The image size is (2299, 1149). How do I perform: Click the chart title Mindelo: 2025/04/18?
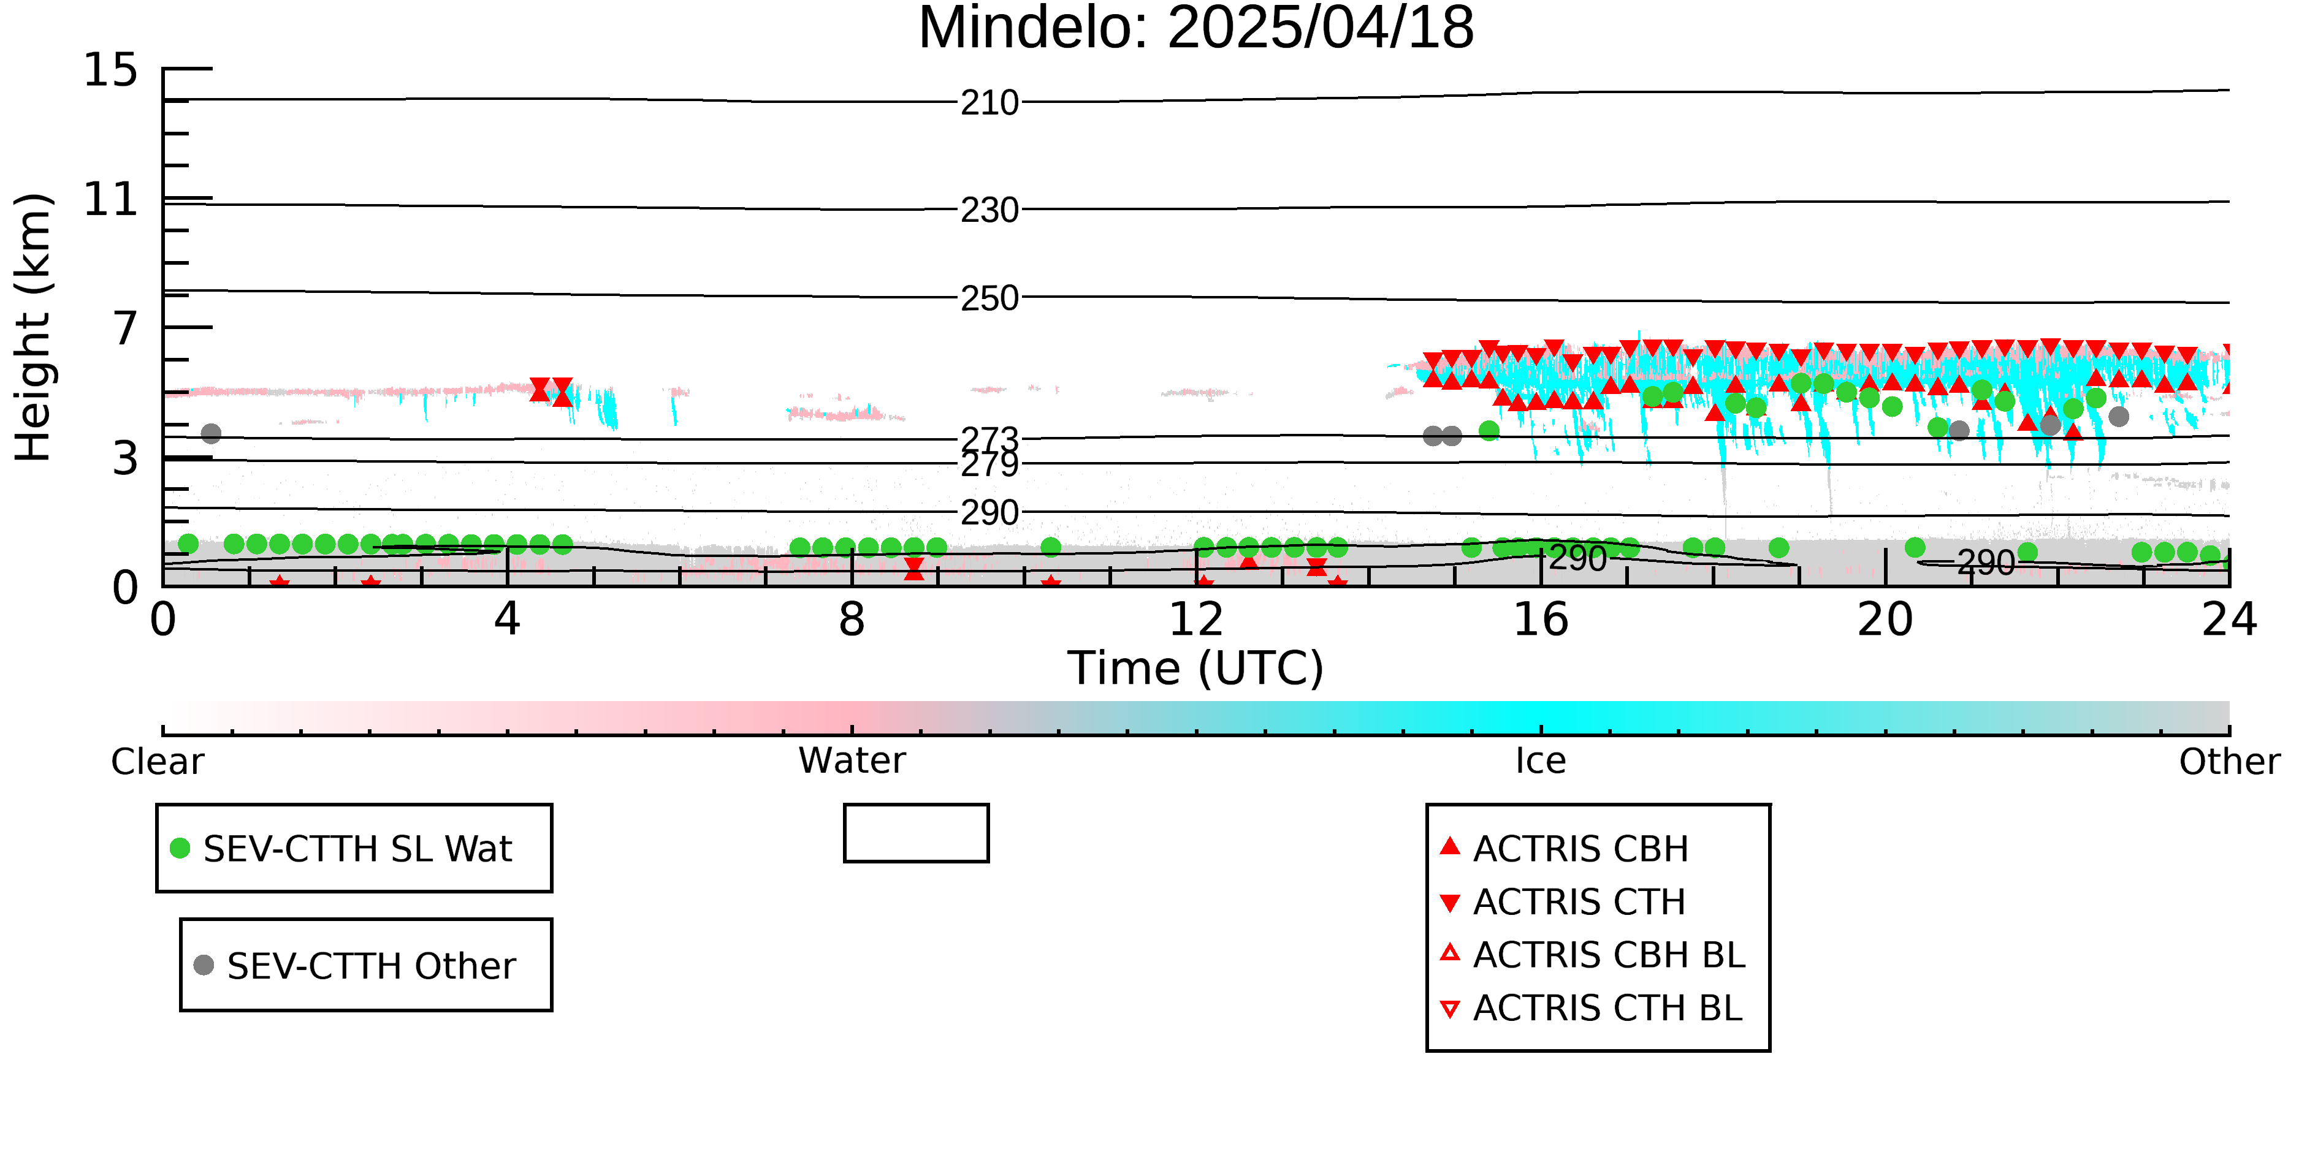coord(1196,29)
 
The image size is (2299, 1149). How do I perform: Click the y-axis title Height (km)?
coord(34,327)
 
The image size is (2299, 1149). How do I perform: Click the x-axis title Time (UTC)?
coord(1196,668)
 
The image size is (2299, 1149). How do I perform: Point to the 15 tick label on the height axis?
coord(111,70)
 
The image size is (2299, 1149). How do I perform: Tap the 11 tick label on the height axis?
coord(111,199)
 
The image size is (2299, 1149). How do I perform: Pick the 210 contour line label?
coord(989,104)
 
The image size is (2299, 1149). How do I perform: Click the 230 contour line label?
coord(989,211)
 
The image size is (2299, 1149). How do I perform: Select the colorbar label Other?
coord(2229,762)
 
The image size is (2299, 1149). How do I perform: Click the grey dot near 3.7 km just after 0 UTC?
coord(211,433)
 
